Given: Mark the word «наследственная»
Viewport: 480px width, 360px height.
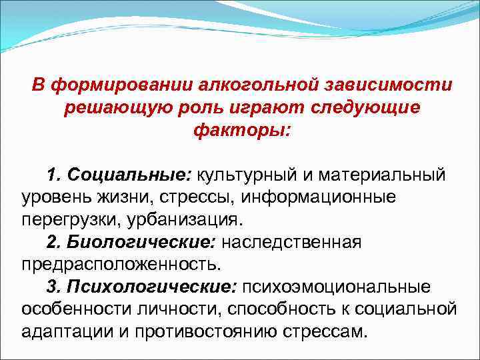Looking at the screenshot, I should click(x=291, y=242).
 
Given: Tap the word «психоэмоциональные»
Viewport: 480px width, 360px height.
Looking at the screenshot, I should click(x=336, y=287).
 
